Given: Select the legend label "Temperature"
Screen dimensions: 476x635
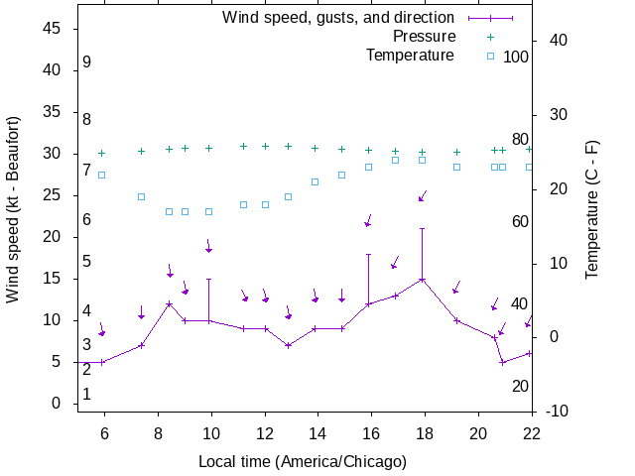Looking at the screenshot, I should click(x=410, y=56).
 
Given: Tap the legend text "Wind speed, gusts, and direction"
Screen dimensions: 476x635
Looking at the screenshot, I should click(x=338, y=18).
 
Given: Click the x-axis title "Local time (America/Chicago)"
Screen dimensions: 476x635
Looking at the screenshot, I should click(x=303, y=461).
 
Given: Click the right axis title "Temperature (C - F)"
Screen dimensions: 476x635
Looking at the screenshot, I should click(x=592, y=208).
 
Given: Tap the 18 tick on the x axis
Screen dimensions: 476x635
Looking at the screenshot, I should click(x=423, y=432).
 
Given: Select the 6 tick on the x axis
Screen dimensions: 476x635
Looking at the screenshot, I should click(x=104, y=432).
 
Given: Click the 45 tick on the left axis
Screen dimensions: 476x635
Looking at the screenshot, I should click(x=53, y=30).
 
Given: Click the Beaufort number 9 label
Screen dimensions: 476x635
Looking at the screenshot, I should click(x=87, y=62).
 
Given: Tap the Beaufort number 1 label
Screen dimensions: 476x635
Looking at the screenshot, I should click(x=87, y=395).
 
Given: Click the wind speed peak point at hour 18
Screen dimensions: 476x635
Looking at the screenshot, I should click(x=423, y=280).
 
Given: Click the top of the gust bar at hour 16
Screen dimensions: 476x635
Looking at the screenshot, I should click(x=369, y=255).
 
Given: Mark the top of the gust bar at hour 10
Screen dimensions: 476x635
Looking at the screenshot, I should click(x=208, y=280).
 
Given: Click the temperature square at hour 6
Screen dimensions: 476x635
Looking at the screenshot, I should click(x=101, y=176).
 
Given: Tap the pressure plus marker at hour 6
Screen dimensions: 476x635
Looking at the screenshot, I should click(x=101, y=153).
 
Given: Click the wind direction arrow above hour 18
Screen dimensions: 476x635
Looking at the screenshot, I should click(x=423, y=196).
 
